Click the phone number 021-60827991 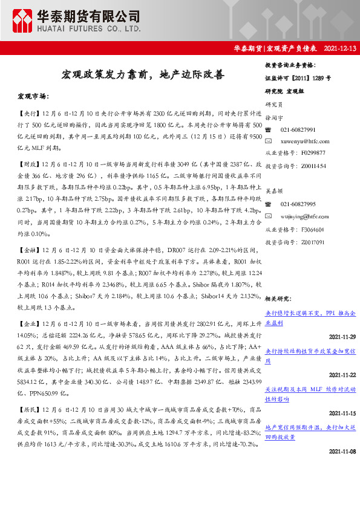tap(298, 131)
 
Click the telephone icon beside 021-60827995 tap(269, 205)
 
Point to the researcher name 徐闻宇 tap(275, 120)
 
